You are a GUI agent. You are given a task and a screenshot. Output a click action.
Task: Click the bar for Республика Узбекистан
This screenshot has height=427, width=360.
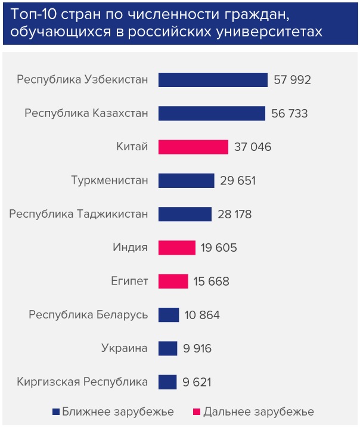(x=213, y=80)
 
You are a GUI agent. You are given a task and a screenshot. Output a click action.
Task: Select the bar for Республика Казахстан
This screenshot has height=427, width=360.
(x=212, y=113)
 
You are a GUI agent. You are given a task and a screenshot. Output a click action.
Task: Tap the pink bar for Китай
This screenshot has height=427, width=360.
(x=193, y=147)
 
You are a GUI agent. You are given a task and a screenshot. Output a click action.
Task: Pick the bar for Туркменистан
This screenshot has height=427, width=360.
(x=186, y=180)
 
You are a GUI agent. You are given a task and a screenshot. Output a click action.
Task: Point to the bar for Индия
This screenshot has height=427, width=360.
(x=176, y=247)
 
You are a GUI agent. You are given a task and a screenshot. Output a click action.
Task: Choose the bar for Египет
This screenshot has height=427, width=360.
(x=173, y=281)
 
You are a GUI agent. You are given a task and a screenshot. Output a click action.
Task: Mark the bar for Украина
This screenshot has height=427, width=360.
(x=167, y=348)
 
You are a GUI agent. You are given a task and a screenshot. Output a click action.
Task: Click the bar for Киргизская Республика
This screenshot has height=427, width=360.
(x=167, y=382)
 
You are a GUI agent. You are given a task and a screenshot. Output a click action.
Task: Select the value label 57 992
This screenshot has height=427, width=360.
(x=293, y=80)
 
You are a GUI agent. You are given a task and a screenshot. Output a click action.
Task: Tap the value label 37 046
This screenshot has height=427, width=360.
(x=253, y=147)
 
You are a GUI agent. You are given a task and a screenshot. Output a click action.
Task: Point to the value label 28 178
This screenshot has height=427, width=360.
(x=237, y=214)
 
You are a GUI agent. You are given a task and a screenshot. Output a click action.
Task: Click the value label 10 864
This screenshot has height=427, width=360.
(x=202, y=315)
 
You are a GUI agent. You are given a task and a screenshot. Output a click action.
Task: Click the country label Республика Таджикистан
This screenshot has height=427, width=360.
(x=79, y=214)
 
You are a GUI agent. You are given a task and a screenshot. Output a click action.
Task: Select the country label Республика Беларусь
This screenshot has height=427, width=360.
(x=88, y=315)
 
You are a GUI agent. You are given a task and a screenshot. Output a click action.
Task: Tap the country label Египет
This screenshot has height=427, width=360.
(x=130, y=281)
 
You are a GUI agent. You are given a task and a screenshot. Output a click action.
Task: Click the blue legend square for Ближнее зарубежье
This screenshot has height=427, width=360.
(x=56, y=411)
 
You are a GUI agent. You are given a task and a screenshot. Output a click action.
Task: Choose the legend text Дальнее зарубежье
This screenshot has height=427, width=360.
(x=259, y=411)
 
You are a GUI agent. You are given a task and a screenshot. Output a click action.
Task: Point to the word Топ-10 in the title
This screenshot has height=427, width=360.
(x=32, y=14)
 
